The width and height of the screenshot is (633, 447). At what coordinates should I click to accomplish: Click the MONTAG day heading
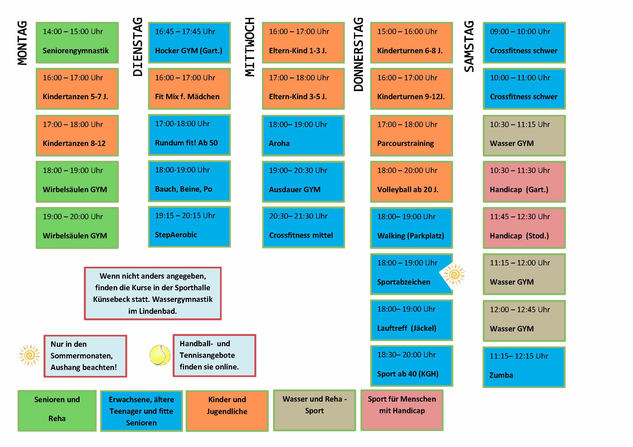tap(23, 43)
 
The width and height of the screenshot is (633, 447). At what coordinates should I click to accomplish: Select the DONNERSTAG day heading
tap(359, 54)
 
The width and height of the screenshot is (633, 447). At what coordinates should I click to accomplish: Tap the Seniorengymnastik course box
tap(77, 43)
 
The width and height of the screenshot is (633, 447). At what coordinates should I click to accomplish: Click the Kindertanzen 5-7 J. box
tap(77, 89)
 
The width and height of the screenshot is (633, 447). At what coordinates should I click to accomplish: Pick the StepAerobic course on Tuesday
tap(189, 227)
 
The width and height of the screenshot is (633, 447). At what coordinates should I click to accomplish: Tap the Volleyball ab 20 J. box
tap(412, 182)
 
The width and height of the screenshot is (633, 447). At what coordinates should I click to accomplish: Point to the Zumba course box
tap(524, 368)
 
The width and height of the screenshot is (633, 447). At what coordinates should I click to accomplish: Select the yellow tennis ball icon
tap(160, 355)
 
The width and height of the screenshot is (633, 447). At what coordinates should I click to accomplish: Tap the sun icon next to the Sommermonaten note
tap(29, 355)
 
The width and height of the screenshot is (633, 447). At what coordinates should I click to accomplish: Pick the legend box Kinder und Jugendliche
tap(227, 411)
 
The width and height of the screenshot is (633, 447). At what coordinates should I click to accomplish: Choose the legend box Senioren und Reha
tap(57, 411)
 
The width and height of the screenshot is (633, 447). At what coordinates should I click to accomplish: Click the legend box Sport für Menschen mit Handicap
tap(402, 410)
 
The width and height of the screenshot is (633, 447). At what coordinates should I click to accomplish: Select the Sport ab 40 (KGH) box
tap(412, 366)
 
